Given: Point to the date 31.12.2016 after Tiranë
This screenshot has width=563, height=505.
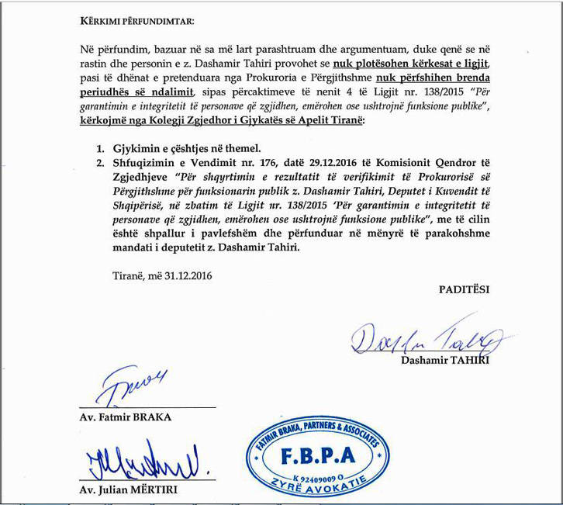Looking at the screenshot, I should coord(181,275).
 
